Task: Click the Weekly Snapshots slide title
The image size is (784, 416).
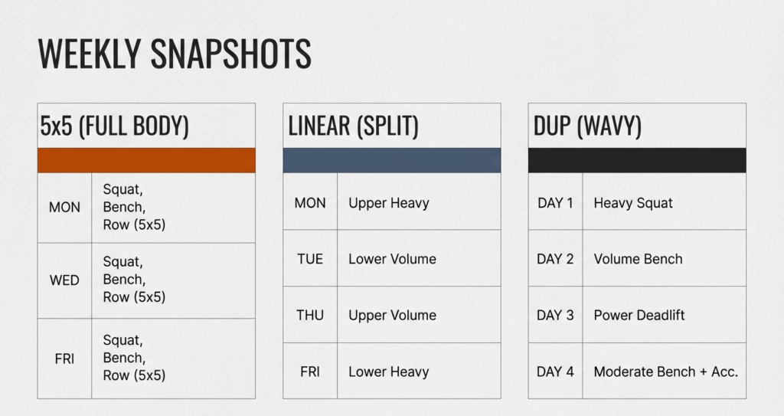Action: pyautogui.click(x=175, y=54)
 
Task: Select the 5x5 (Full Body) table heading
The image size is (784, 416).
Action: pyautogui.click(x=115, y=126)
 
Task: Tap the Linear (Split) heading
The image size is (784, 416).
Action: pyautogui.click(x=354, y=126)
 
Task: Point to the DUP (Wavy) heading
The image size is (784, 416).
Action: pyautogui.click(x=587, y=126)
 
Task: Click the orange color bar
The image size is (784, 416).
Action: pyautogui.click(x=146, y=160)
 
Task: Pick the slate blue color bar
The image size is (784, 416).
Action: pyautogui.click(x=392, y=160)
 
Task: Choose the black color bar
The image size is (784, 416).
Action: pyautogui.click(x=637, y=160)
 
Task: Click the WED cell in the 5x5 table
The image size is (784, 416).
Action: pyautogui.click(x=64, y=280)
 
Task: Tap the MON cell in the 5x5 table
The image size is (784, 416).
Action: pyautogui.click(x=64, y=208)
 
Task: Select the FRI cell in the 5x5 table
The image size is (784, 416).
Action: pyautogui.click(x=64, y=358)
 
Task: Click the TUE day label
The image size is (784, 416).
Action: pyautogui.click(x=310, y=259)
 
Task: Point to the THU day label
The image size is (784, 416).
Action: pyautogui.click(x=310, y=315)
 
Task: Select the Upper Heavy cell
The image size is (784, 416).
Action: pyautogui.click(x=389, y=203)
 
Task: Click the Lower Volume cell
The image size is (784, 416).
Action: pyautogui.click(x=392, y=259)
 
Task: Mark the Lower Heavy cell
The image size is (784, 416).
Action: pyautogui.click(x=389, y=372)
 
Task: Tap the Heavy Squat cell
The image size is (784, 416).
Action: pyautogui.click(x=633, y=203)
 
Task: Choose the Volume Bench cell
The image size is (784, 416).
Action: pyautogui.click(x=638, y=259)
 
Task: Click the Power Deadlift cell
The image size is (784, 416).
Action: pyautogui.click(x=639, y=315)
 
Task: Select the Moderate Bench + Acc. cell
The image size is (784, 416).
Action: pyautogui.click(x=665, y=372)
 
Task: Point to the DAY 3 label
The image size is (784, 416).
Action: pyautogui.click(x=555, y=315)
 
